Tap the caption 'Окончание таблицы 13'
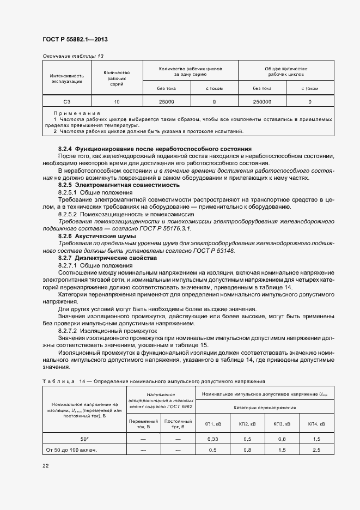pos(72,56)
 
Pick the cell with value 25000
pos(166,102)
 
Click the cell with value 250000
pos(262,102)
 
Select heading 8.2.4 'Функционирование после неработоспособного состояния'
pos(155,148)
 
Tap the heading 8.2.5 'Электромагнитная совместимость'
pos(119,185)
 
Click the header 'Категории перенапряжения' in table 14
pos(264,407)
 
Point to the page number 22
pos(46,466)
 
